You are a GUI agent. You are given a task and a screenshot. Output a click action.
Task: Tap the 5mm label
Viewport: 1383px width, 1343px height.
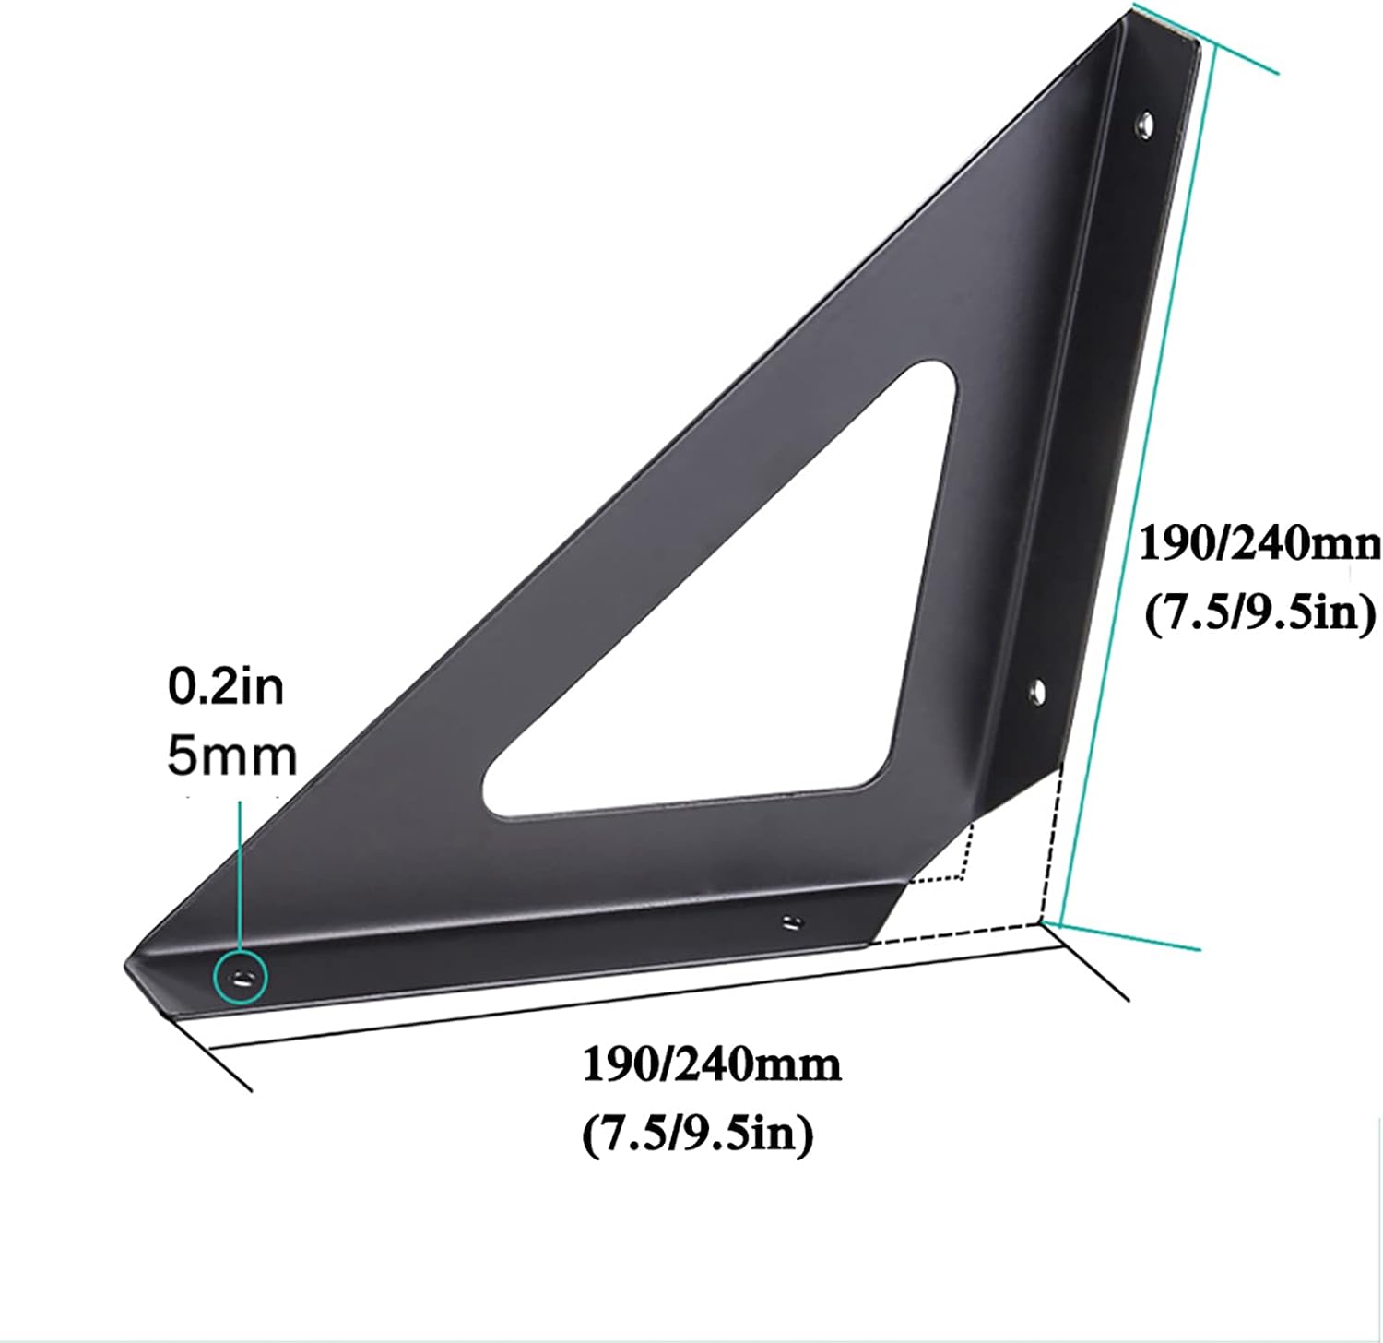[231, 756]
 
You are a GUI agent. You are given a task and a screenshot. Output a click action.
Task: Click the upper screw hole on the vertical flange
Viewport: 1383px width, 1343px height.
[1144, 123]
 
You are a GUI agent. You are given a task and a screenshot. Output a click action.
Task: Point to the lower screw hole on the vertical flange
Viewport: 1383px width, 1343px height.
[1035, 690]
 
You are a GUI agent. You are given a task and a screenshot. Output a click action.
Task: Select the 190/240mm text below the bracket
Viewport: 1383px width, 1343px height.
[711, 1065]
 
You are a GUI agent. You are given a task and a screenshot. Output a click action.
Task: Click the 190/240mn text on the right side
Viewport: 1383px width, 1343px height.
[1259, 544]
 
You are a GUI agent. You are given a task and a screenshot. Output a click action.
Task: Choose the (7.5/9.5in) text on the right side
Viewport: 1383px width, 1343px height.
[1259, 612]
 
